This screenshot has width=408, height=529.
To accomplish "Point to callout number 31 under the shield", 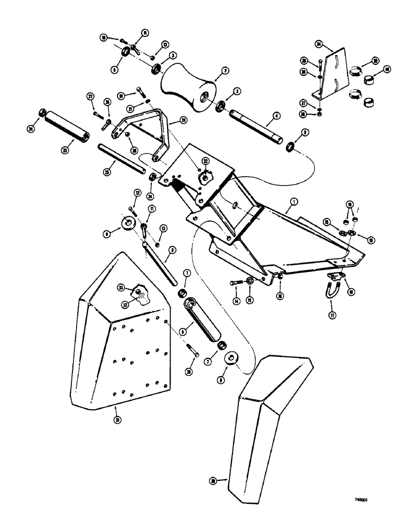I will (x=116, y=419).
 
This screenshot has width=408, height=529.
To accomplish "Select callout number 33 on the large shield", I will (x=122, y=287).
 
